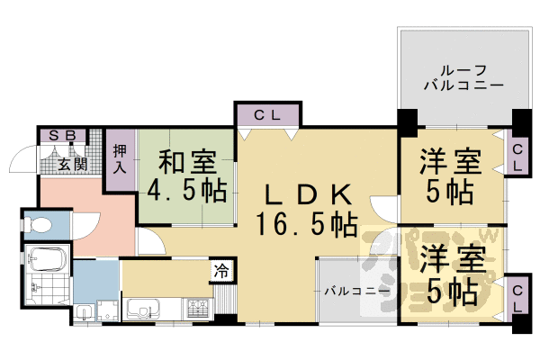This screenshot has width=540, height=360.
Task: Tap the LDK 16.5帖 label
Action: (306, 208)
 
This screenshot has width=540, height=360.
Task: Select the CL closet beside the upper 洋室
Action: (517, 157)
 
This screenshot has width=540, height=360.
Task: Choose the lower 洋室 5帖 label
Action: (447, 275)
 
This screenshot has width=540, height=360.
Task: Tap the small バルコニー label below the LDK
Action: (356, 292)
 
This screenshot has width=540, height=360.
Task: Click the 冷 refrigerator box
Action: (220, 271)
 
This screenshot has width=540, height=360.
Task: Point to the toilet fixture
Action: (38, 222)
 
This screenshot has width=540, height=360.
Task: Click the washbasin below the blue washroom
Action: (83, 311)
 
